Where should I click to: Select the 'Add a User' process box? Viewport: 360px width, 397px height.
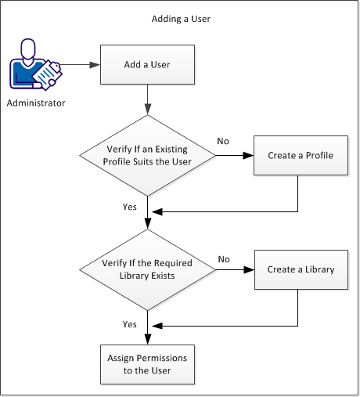(147, 65)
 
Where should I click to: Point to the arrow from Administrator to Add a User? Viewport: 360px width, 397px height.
(78, 65)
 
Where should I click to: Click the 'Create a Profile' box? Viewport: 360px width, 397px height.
(300, 155)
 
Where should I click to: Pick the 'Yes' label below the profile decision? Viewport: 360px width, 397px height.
(130, 208)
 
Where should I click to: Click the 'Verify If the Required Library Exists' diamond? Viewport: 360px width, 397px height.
(147, 269)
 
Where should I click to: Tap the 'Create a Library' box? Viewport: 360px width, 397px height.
(300, 269)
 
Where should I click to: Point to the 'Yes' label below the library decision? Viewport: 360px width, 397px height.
(130, 323)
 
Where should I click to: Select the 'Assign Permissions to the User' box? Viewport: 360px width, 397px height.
(147, 363)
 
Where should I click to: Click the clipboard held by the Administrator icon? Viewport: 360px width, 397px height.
(49, 75)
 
